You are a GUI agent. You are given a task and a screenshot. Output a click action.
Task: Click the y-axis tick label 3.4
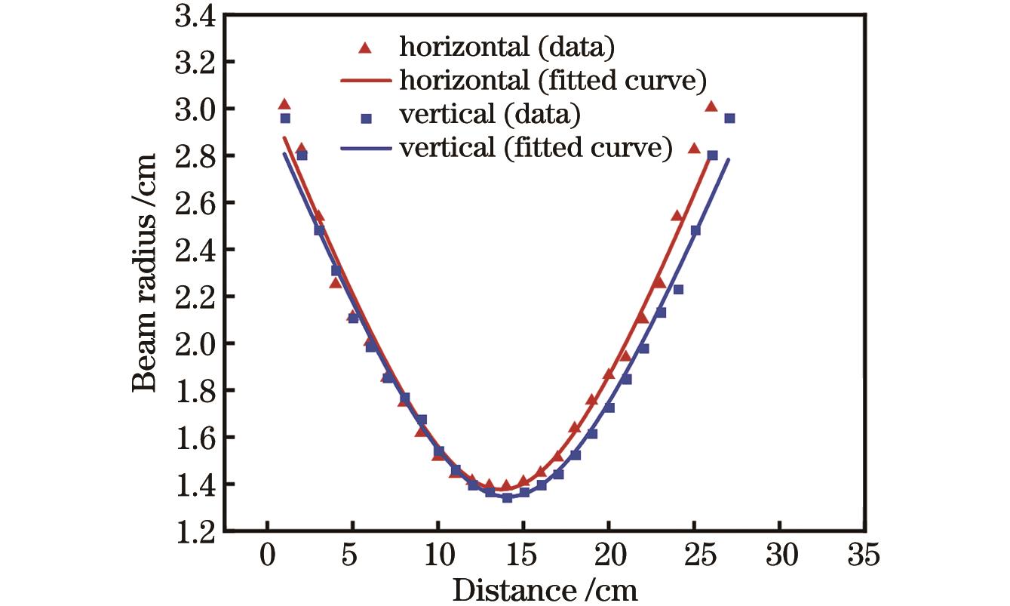point(194,15)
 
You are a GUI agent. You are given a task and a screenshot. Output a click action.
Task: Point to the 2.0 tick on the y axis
point(194,343)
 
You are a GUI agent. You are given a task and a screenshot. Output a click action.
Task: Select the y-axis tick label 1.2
point(194,531)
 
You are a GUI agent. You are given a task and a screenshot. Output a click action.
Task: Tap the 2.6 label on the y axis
point(194,203)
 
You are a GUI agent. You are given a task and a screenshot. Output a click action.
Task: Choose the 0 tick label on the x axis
point(268,558)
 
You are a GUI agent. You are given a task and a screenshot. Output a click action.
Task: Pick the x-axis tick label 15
point(523,558)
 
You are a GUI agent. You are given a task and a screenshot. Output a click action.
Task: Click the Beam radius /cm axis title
point(146,271)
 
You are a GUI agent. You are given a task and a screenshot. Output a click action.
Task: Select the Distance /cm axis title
point(545,589)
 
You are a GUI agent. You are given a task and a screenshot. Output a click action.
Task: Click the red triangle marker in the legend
point(366,48)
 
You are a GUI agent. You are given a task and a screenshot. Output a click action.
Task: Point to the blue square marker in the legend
point(366,118)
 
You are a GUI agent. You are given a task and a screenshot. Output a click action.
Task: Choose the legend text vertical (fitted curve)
point(536,148)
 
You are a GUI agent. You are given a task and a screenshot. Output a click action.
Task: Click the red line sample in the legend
point(366,80)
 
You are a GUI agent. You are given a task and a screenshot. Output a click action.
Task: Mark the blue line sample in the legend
point(366,149)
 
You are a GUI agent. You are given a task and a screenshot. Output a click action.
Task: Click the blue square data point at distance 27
point(729,118)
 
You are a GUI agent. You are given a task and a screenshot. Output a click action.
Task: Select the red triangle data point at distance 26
point(711,106)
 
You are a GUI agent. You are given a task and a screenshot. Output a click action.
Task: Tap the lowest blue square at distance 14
point(507,498)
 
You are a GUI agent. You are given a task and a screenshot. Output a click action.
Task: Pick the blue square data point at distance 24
point(678,289)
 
